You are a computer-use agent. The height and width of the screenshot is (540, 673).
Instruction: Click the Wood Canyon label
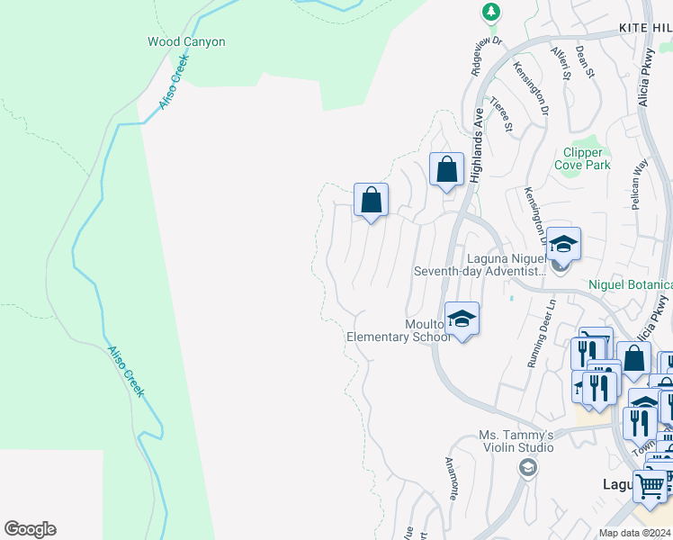tap(186, 41)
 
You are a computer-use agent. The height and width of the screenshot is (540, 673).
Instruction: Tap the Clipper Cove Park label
tap(587, 158)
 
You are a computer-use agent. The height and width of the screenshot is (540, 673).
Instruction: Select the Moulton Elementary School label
tap(399, 330)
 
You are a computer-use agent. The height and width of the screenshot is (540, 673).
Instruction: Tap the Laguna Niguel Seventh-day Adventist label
tap(481, 264)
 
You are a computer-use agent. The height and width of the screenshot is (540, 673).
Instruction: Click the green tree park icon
tap(490, 12)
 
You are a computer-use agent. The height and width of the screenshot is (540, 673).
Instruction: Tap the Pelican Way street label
tap(640, 184)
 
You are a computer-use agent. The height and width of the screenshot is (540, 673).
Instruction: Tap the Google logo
tap(30, 529)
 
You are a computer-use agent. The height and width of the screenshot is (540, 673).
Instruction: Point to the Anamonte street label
tap(453, 479)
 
